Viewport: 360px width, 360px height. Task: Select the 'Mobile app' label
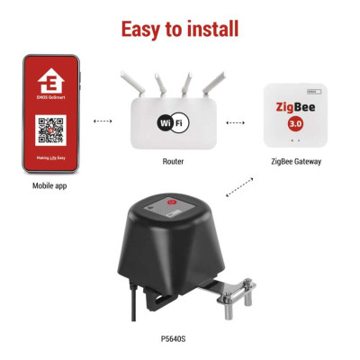(x=49, y=187)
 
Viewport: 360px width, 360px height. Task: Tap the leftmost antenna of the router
(x=132, y=84)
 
